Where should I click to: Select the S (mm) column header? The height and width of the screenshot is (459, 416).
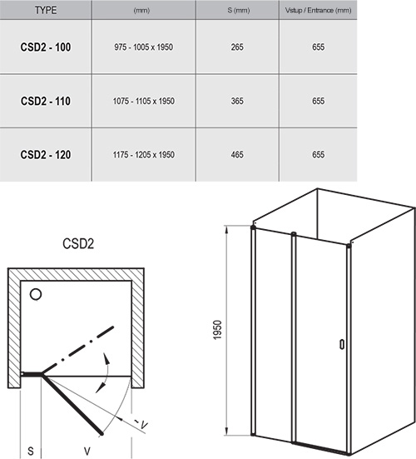click(237, 9)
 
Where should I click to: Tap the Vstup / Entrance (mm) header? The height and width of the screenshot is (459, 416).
click(319, 9)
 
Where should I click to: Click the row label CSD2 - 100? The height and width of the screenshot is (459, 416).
click(45, 47)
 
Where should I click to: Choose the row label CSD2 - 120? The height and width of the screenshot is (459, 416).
click(45, 153)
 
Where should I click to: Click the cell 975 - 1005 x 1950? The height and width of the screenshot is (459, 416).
click(143, 47)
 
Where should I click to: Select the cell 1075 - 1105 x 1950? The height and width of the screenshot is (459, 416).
click(143, 101)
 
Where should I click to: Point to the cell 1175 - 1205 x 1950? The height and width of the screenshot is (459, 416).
click(143, 153)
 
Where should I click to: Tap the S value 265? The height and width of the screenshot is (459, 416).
click(237, 47)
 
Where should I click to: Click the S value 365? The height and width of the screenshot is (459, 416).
click(237, 101)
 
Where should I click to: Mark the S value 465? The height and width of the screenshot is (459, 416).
click(237, 153)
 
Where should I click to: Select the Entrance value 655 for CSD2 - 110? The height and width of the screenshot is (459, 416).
click(319, 101)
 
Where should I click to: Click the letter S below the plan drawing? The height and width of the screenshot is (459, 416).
click(30, 451)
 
